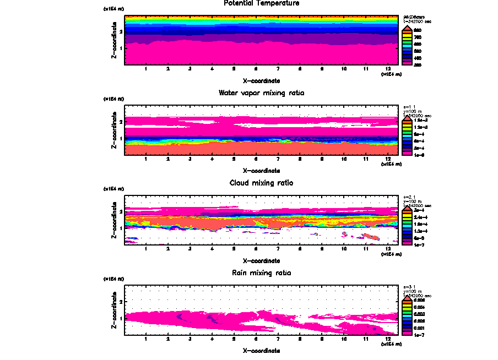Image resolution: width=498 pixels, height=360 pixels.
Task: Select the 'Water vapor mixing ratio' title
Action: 261,93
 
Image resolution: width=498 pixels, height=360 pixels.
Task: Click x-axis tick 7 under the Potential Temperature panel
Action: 278,69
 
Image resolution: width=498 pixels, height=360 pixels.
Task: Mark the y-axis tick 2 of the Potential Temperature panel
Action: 121,31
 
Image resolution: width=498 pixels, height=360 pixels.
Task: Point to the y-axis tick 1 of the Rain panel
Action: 121,318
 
